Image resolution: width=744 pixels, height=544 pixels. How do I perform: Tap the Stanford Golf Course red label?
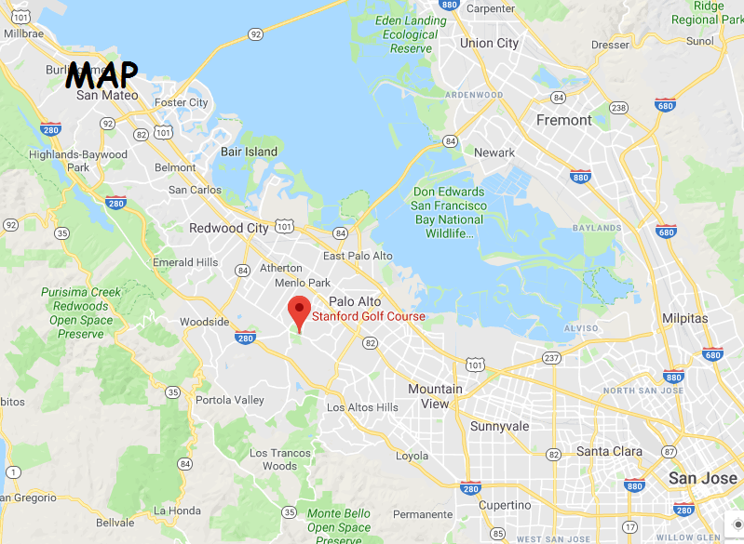(x=368, y=317)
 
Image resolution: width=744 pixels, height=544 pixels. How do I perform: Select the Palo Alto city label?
(x=355, y=301)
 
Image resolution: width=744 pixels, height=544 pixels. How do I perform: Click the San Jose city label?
(x=702, y=478)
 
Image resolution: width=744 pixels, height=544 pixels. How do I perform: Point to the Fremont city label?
(x=563, y=120)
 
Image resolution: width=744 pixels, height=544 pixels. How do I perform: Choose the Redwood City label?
(x=228, y=228)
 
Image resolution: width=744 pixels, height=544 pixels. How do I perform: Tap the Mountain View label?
(x=435, y=396)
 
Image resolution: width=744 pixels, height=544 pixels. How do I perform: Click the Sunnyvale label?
(x=499, y=427)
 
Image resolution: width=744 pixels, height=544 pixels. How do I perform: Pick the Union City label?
(x=489, y=43)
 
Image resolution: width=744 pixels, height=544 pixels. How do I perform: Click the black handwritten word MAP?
(x=102, y=74)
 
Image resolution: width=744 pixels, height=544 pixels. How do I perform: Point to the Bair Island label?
(x=249, y=152)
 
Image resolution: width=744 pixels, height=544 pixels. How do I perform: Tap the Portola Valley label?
(x=230, y=401)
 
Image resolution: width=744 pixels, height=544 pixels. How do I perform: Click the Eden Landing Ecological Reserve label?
(x=410, y=34)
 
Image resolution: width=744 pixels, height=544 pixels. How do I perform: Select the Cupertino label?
(x=506, y=505)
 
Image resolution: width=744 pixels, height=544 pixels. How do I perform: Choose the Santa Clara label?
(x=609, y=452)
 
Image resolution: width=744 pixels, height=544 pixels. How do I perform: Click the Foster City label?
(x=182, y=102)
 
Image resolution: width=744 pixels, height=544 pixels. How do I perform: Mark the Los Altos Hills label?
(x=362, y=407)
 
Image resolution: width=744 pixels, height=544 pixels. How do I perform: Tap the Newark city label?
(x=494, y=153)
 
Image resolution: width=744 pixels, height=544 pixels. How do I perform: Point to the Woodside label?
(x=204, y=322)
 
